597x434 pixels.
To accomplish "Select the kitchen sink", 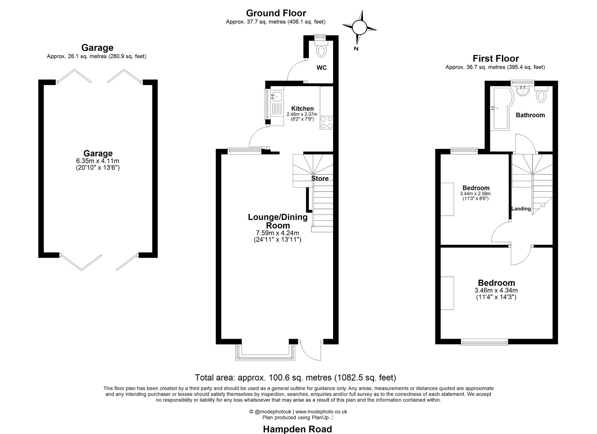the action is tap(276, 96).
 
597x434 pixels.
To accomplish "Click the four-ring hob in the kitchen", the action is tap(326, 123).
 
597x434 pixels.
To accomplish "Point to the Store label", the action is tap(320, 178).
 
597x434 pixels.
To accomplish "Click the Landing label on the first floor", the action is tap(521, 209).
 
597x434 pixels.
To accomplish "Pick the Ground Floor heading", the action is tap(276, 13).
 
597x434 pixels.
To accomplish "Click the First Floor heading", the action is tap(496, 58).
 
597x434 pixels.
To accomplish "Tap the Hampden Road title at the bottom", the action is tap(298, 429).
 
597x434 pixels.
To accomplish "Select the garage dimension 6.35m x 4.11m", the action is tap(98, 161).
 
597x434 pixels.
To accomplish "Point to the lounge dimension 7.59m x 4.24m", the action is tap(277, 233).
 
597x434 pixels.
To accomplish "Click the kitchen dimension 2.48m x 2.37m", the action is tap(302, 114).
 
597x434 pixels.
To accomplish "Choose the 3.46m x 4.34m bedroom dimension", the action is tap(496, 290).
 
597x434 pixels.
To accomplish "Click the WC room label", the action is tap(321, 68).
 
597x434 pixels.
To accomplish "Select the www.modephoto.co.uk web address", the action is tap(321, 412).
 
